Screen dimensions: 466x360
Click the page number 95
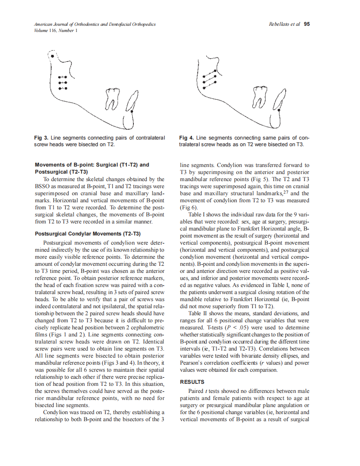click(x=306, y=24)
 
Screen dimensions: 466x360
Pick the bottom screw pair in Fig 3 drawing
click(x=63, y=88)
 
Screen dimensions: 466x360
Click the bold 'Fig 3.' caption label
click(x=42, y=137)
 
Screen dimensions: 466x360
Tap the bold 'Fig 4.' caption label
click(x=187, y=137)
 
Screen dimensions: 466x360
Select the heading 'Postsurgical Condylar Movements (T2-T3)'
click(x=88, y=234)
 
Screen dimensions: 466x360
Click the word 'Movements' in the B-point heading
click(x=50, y=165)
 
